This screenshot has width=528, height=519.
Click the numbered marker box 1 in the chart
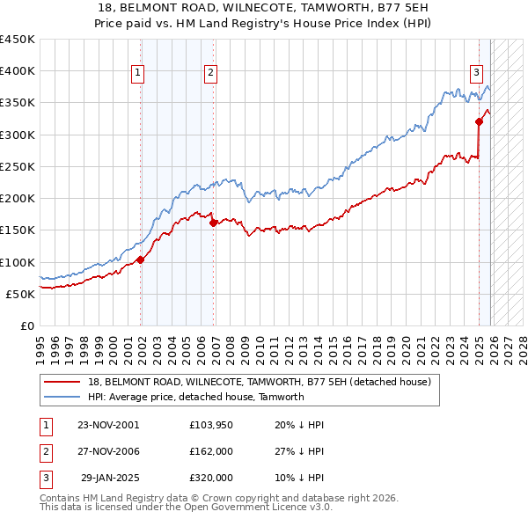[x=139, y=73]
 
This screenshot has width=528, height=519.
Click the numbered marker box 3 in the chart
[x=476, y=73]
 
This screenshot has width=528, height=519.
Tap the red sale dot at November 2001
[x=141, y=259]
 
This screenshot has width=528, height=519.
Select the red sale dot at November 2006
[x=214, y=223]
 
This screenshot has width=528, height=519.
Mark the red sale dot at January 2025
[x=480, y=121]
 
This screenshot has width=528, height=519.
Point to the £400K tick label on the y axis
[x=17, y=71]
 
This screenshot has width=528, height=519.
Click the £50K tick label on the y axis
[x=20, y=294]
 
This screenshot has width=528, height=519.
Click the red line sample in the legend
[x=62, y=382]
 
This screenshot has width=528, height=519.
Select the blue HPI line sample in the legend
[x=62, y=397]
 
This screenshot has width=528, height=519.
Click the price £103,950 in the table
[x=210, y=425]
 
